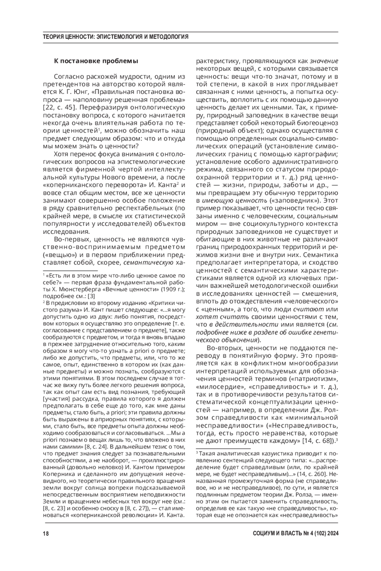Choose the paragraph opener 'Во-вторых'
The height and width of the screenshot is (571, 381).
221,348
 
